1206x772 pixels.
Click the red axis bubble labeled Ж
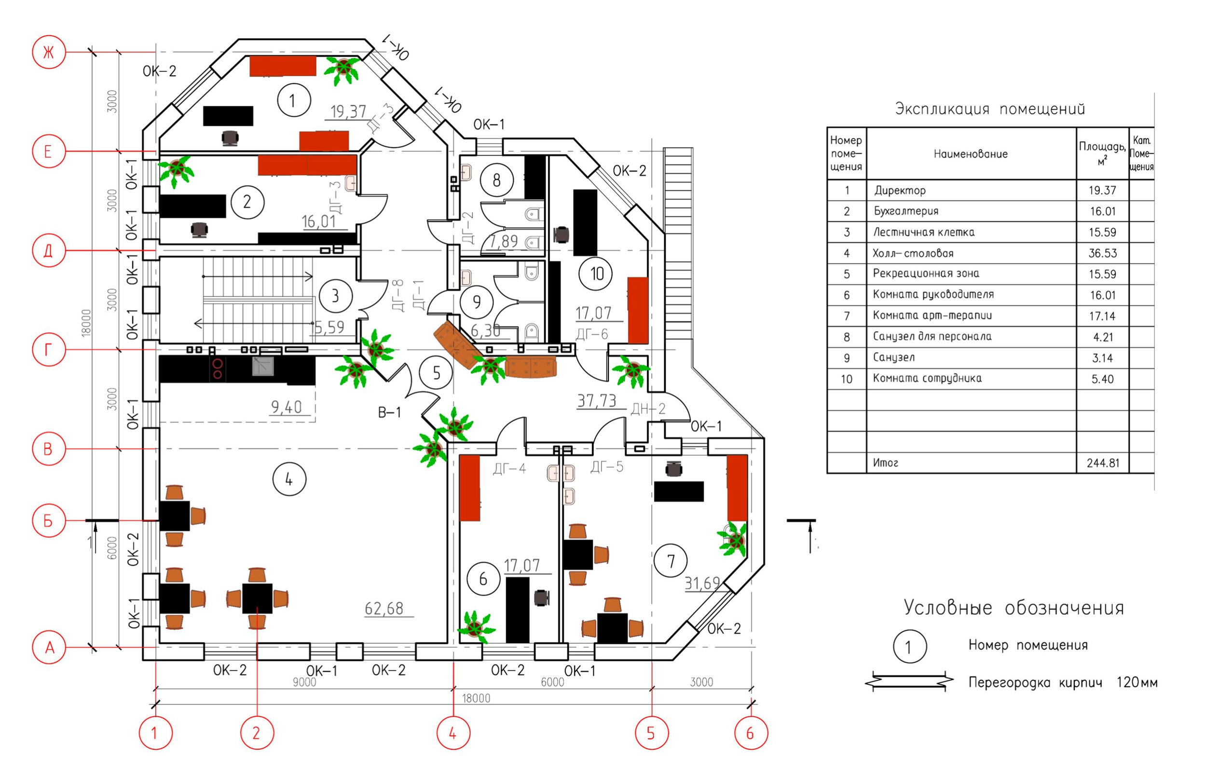pyautogui.click(x=49, y=52)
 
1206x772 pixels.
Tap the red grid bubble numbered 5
pyautogui.click(x=651, y=733)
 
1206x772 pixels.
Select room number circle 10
pyautogui.click(x=596, y=274)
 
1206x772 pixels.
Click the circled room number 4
pyautogui.click(x=289, y=480)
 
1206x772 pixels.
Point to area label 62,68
pyautogui.click(x=384, y=609)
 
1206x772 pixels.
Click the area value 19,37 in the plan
pyautogui.click(x=348, y=111)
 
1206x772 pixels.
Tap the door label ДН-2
pyautogui.click(x=648, y=409)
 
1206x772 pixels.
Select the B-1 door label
pyautogui.click(x=390, y=413)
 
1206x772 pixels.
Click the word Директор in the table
pyautogui.click(x=900, y=190)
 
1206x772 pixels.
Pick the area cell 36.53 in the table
pyautogui.click(x=1102, y=253)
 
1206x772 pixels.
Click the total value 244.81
pyautogui.click(x=1103, y=463)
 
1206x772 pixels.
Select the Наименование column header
pyautogui.click(x=970, y=154)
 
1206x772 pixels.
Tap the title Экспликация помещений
pyautogui.click(x=990, y=109)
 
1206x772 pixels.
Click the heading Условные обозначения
pyautogui.click(x=1014, y=608)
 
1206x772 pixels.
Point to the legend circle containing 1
pyautogui.click(x=909, y=647)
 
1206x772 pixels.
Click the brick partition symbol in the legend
pyautogui.click(x=909, y=682)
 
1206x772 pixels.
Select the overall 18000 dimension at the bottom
pyautogui.click(x=476, y=698)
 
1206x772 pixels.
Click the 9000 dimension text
pyautogui.click(x=304, y=682)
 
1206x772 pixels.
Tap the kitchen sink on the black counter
pyautogui.click(x=263, y=366)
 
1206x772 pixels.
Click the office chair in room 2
pyautogui.click(x=200, y=230)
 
